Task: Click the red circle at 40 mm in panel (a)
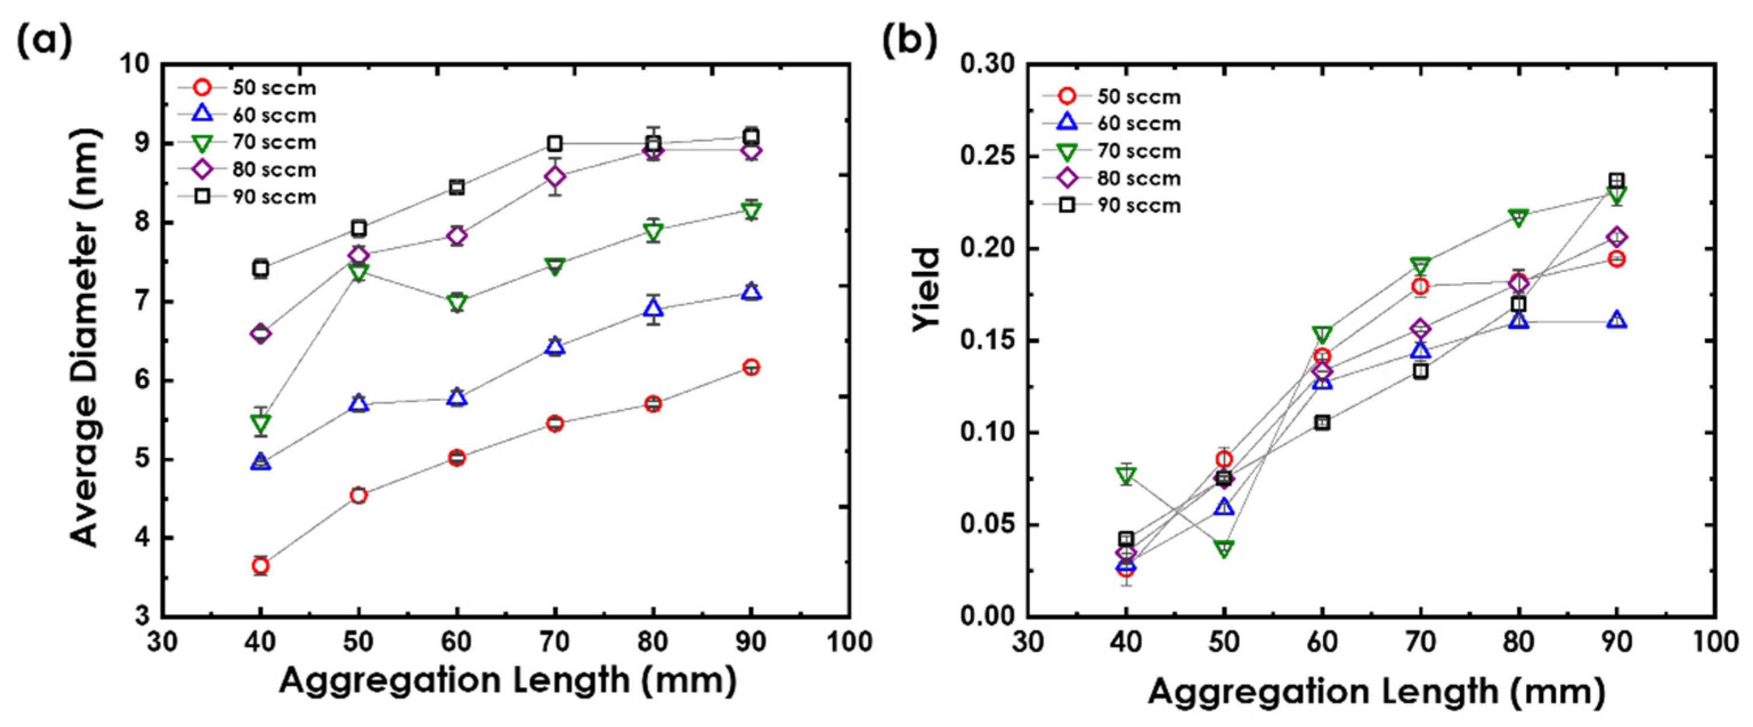[x=260, y=566]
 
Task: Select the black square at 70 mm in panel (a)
[x=555, y=143]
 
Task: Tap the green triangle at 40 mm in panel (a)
[x=260, y=423]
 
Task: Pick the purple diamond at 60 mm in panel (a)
[x=457, y=235]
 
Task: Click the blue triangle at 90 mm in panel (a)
[x=751, y=293]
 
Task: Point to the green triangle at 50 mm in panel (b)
[x=1223, y=549]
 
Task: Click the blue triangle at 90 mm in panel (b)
[x=1617, y=320]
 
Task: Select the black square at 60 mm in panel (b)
[x=1321, y=423]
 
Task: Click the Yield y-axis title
[x=927, y=289]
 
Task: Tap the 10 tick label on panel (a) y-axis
[x=135, y=64]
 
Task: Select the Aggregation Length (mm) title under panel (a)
[x=507, y=681]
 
